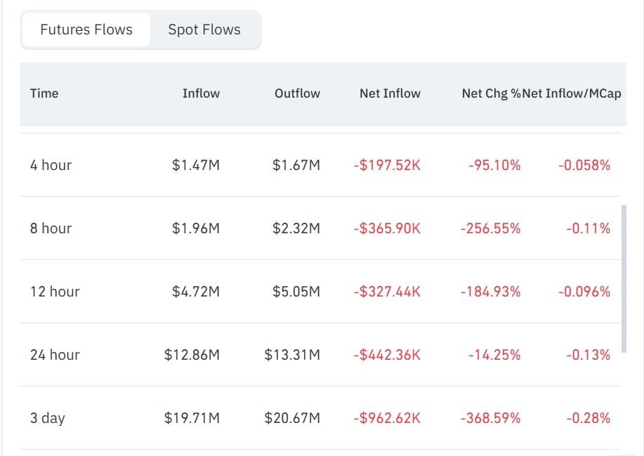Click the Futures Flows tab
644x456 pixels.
pos(86,30)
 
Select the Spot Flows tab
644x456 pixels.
pos(204,30)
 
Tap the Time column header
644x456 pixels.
pos(44,93)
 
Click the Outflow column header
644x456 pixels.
pos(297,93)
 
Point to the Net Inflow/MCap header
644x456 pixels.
pos(571,93)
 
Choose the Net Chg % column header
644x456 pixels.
pos(491,93)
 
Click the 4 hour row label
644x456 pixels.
pos(51,165)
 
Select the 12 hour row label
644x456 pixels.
pos(55,292)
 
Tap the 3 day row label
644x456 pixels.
pos(47,418)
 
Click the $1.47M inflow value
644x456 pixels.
pos(196,165)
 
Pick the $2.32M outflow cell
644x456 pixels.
pos(296,228)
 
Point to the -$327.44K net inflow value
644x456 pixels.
pos(387,292)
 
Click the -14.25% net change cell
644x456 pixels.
pos(494,355)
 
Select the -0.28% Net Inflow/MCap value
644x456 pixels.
pos(588,418)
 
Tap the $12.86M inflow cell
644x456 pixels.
pos(192,355)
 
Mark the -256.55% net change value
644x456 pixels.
pos(490,228)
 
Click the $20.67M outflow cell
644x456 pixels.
pos(292,418)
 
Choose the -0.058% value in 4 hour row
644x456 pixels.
pos(584,165)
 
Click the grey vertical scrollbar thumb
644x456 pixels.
pos(624,278)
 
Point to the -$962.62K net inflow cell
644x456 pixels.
pos(387,418)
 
